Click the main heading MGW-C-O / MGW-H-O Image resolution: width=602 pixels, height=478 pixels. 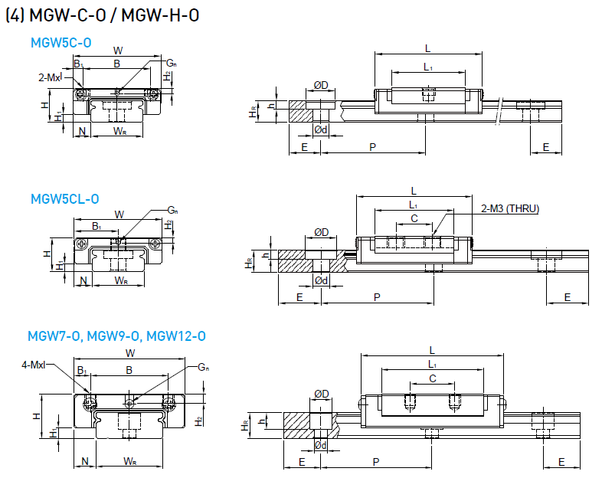[x=103, y=16]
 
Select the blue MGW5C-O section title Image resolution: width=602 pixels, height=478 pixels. [x=61, y=43]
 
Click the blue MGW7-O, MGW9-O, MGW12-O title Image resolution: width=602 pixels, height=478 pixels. [x=116, y=336]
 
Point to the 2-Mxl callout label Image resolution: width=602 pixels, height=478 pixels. [x=50, y=77]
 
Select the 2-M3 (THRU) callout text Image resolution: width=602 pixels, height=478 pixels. [x=509, y=208]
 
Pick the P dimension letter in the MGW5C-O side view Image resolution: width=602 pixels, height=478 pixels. [x=372, y=146]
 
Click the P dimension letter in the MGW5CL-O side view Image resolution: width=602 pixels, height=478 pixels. [x=377, y=296]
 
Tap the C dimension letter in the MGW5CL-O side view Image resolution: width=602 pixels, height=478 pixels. [x=414, y=218]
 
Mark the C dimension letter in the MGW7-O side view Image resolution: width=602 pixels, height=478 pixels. [x=433, y=378]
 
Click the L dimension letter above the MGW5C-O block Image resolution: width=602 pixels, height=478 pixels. [x=427, y=47]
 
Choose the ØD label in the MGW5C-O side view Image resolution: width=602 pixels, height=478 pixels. [x=321, y=84]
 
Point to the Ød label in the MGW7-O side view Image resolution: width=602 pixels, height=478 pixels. [x=322, y=444]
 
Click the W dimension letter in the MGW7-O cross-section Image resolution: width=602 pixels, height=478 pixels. [x=130, y=353]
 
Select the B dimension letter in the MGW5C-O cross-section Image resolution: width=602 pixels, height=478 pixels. [x=116, y=64]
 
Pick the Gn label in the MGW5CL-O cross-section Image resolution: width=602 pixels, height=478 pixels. [x=173, y=210]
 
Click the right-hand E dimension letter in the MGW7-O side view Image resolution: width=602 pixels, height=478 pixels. [x=561, y=462]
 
